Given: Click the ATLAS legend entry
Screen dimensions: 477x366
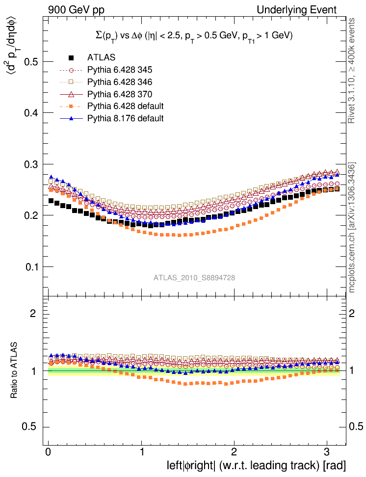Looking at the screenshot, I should coord(101,57).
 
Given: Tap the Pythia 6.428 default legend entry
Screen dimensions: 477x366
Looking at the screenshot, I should coord(125,106).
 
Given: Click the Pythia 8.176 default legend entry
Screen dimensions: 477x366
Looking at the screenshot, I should coord(125,118).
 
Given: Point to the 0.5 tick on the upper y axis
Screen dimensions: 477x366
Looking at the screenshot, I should coord(31,62).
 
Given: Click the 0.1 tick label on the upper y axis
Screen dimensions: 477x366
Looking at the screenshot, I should coord(31,267).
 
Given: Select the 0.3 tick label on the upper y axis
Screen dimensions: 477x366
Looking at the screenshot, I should coord(31,164).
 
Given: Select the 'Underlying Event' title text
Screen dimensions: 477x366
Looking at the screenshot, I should coord(296,9).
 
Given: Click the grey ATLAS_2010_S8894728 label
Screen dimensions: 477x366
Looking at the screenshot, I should coord(194,278).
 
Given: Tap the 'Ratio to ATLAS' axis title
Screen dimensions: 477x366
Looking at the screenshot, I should coord(14,370).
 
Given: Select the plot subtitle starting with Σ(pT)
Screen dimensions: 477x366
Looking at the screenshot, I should coord(194,35).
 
